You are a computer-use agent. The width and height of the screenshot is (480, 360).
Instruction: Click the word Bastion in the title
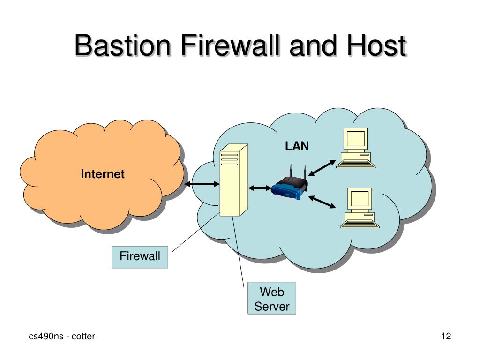pyautogui.click(x=122, y=45)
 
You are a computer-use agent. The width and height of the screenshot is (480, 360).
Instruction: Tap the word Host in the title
pyautogui.click(x=376, y=45)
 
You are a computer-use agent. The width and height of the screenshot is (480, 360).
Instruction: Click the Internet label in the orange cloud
pyautogui.click(x=103, y=174)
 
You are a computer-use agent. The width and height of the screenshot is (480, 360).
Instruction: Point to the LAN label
pyautogui.click(x=297, y=146)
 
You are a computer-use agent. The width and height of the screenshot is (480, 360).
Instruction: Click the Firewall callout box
pyautogui.click(x=140, y=257)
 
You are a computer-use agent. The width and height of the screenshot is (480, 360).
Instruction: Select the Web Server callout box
pyautogui.click(x=272, y=298)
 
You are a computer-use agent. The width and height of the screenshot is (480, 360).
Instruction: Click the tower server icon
pyautogui.click(x=234, y=180)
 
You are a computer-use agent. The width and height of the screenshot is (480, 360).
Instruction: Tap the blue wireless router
pyautogui.click(x=290, y=186)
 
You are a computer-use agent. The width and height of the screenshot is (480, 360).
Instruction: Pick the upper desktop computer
pyautogui.click(x=355, y=148)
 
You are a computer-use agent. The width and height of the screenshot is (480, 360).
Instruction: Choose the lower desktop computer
pyautogui.click(x=360, y=208)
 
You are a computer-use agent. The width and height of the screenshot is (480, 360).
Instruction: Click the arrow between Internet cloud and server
pyautogui.click(x=202, y=184)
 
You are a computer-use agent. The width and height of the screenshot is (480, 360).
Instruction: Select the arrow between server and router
pyautogui.click(x=260, y=188)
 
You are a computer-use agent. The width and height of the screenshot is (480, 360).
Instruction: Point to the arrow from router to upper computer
pyautogui.click(x=322, y=168)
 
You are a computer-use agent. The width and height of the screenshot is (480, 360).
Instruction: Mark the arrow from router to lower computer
pyautogui.click(x=322, y=202)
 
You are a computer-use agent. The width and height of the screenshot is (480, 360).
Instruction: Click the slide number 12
pyautogui.click(x=446, y=336)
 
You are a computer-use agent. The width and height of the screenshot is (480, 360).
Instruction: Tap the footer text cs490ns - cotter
pyautogui.click(x=62, y=336)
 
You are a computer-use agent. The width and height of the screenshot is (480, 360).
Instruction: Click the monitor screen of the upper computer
pyautogui.click(x=355, y=138)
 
